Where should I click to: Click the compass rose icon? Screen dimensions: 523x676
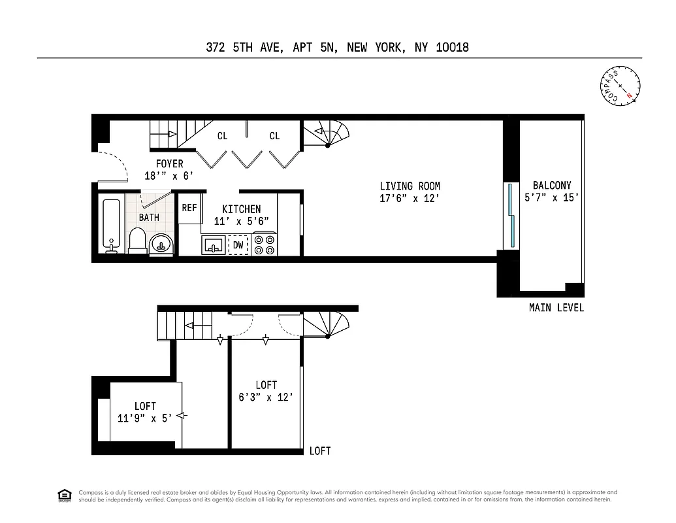(x=620, y=86)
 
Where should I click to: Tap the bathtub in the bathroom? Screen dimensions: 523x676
(x=112, y=225)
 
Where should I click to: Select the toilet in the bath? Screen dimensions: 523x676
(x=138, y=241)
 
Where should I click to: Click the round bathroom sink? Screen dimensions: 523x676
(x=161, y=245)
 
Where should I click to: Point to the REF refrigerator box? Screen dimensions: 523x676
(x=189, y=209)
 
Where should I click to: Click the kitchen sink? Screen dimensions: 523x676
(x=213, y=246)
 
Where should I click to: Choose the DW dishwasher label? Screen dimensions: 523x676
(x=238, y=245)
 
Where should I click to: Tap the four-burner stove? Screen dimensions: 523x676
(x=264, y=245)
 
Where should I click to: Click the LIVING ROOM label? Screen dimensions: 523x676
(x=410, y=186)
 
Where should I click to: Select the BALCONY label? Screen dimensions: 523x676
(x=551, y=186)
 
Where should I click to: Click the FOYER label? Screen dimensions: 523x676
(x=169, y=163)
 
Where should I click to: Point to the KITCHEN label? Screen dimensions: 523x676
(x=241, y=209)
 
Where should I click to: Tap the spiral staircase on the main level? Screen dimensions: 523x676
(x=327, y=135)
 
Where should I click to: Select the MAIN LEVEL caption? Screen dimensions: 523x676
(x=556, y=307)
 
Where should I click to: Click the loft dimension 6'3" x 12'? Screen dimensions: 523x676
(x=266, y=397)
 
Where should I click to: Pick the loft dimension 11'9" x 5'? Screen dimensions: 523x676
(x=145, y=418)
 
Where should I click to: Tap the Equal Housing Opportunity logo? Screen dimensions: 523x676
(x=65, y=496)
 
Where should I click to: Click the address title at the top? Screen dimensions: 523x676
(x=338, y=47)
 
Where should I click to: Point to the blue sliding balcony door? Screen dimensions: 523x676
(x=510, y=216)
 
